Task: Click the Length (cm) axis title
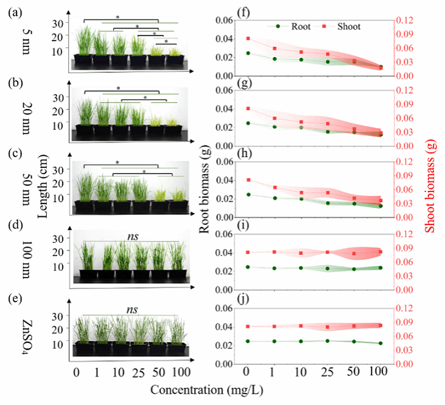click(43, 183)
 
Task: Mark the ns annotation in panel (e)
click(132, 310)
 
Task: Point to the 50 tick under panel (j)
click(354, 370)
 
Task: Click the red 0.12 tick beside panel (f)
click(404, 20)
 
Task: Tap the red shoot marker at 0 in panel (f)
click(248, 39)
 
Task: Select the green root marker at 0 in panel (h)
click(248, 195)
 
